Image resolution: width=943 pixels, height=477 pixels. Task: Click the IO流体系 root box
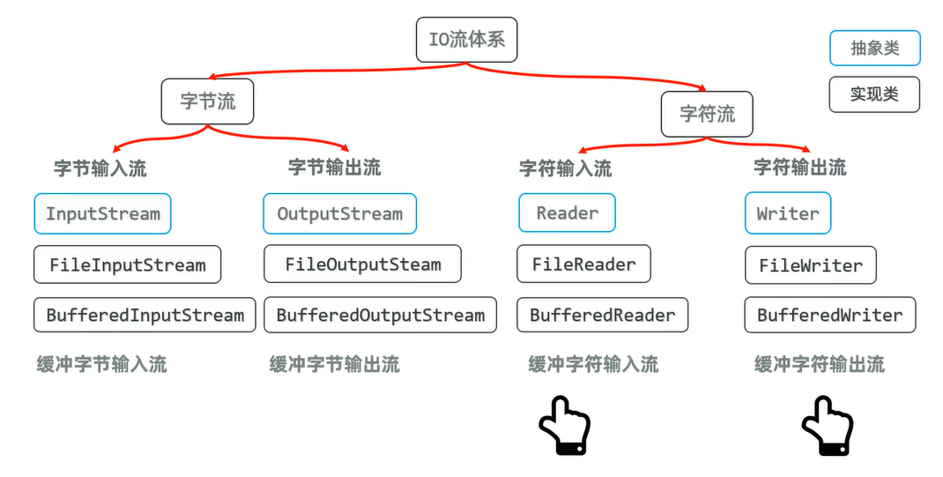point(466,41)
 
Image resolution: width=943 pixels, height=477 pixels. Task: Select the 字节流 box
point(208,101)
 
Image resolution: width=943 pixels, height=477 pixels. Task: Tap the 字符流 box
point(707,114)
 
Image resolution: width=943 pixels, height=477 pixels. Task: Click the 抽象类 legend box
point(874,48)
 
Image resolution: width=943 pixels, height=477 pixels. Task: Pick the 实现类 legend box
point(874,94)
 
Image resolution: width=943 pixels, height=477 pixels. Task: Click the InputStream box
point(103,214)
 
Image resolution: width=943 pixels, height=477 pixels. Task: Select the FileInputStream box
point(127,265)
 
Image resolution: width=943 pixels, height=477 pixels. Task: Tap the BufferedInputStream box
point(145,315)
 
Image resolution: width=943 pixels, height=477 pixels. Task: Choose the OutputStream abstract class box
point(339,214)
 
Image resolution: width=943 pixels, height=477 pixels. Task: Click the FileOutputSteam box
point(362,265)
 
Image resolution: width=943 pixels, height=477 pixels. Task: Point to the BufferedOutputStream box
point(380,315)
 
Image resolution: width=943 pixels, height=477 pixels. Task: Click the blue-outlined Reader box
point(567,213)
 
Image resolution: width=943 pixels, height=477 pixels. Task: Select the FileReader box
point(583,264)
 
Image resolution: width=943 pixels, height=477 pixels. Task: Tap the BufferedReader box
point(602,315)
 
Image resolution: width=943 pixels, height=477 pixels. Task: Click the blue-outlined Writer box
point(788,214)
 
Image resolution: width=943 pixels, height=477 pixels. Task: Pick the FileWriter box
point(810,265)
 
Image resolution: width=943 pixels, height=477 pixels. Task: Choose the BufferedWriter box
point(829,315)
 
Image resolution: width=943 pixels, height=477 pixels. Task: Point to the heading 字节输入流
point(100,168)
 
